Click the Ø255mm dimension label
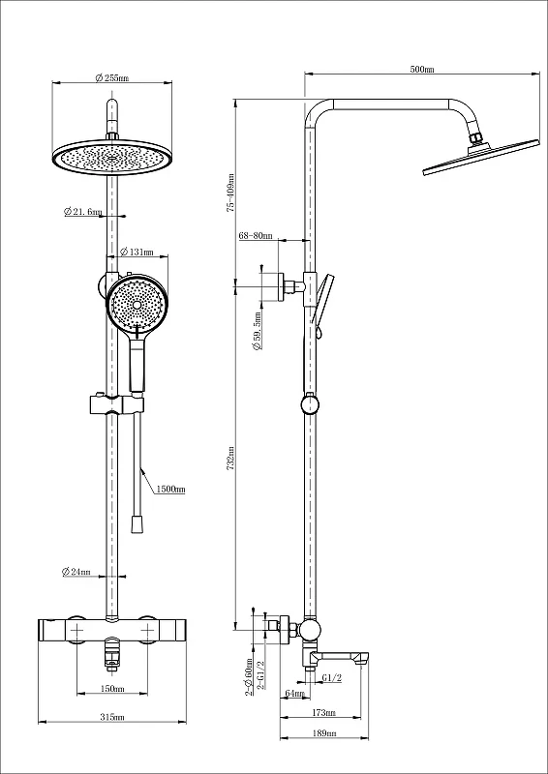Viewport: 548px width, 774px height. [111, 78]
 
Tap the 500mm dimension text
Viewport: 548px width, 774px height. [422, 69]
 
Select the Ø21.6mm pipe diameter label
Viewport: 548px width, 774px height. [82, 212]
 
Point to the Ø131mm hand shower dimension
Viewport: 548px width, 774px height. [137, 253]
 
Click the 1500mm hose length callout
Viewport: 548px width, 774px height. [170, 490]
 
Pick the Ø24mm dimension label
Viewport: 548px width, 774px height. [76, 572]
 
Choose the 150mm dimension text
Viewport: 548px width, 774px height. [112, 688]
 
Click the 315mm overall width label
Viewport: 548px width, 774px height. [112, 717]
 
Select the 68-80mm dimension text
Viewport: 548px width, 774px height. [256, 236]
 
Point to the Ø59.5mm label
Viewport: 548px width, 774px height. [257, 331]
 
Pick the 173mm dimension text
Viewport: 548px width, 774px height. [324, 712]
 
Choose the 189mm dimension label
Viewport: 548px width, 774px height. [324, 733]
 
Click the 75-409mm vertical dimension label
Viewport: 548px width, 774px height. [230, 193]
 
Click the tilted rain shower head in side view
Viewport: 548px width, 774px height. [479, 157]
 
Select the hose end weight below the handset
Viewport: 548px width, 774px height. [136, 524]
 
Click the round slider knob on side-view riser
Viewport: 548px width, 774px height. [310, 404]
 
